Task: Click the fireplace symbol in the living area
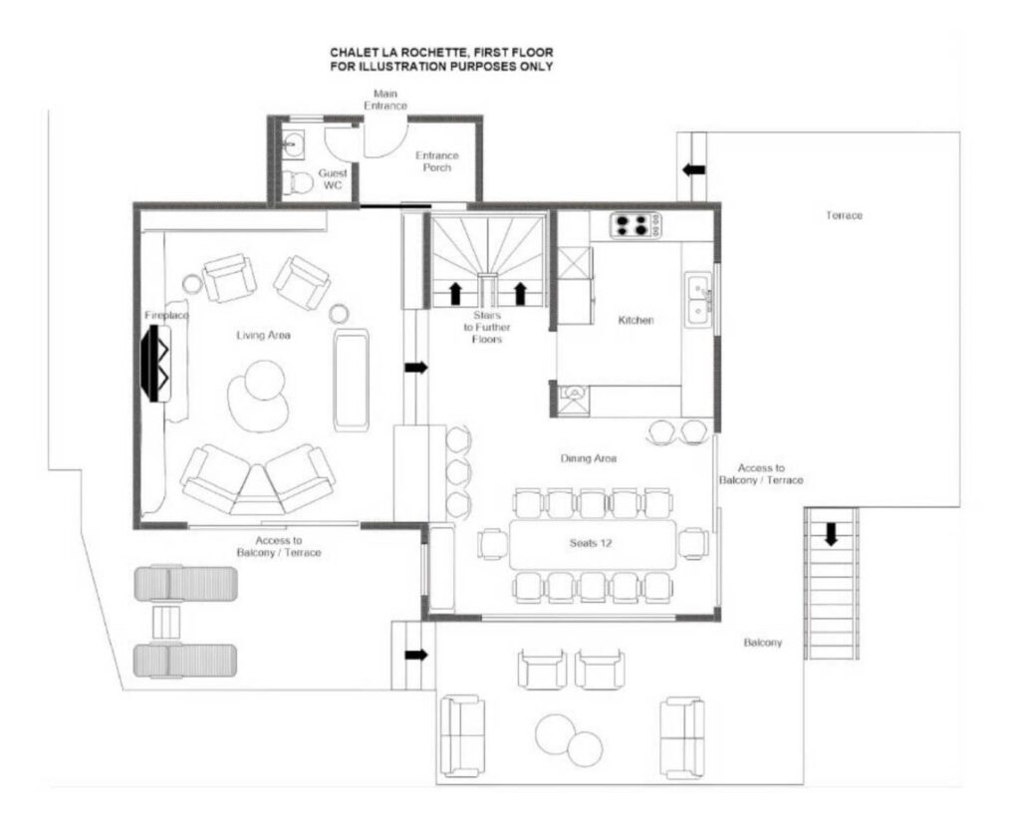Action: point(156,363)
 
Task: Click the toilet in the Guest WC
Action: point(297,183)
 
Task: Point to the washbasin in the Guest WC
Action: point(294,142)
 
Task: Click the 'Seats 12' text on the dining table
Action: point(591,543)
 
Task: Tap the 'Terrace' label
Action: point(844,215)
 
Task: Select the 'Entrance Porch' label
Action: point(437,161)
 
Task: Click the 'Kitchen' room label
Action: point(636,320)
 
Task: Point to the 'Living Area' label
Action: point(263,335)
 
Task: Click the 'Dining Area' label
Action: point(588,458)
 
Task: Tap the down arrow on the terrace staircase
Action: point(831,534)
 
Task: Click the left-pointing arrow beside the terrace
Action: point(693,169)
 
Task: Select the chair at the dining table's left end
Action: point(492,544)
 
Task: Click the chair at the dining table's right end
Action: point(693,544)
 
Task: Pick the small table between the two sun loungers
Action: point(165,622)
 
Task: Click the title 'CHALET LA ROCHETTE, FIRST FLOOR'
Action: point(441,52)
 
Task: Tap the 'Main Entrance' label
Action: point(385,100)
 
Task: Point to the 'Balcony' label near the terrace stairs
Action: point(762,643)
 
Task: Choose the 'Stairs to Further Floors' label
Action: point(486,327)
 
